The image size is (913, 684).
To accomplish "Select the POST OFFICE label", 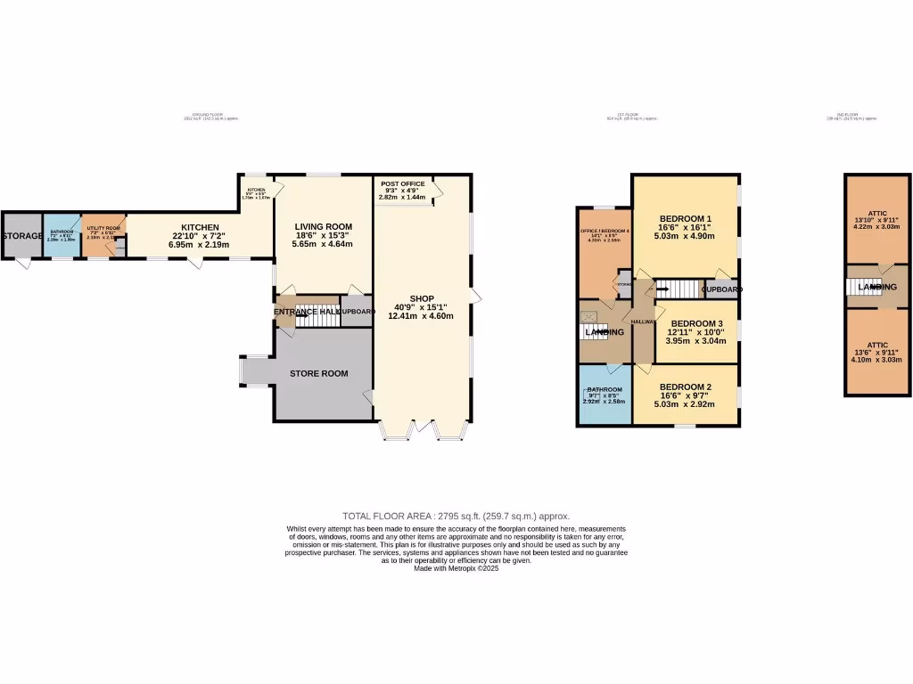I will pos(403,183).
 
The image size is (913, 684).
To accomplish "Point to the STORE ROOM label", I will pos(318,373).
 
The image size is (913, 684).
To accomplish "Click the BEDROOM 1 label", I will pos(685,218).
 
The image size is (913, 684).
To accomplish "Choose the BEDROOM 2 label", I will pos(685,387).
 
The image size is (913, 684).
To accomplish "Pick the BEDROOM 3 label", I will pos(696,323).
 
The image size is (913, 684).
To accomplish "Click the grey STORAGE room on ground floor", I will pos(21,236).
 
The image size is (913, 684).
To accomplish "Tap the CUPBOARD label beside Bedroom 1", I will pos(722,289).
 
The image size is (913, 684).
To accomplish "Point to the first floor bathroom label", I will pos(605,390).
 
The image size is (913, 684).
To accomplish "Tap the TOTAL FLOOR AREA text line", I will pos(456,516).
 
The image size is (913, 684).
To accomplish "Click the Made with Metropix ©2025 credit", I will pos(456,568).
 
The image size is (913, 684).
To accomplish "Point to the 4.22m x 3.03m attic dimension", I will pos(877,227).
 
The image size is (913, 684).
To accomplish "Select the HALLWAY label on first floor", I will pos(643,322).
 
